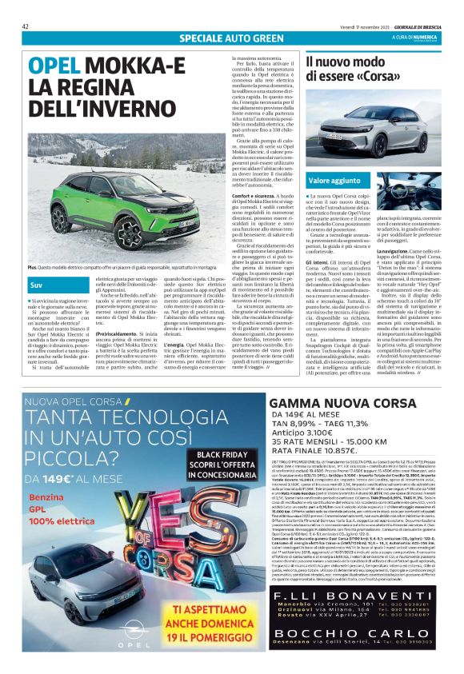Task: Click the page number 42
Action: click(26, 26)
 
